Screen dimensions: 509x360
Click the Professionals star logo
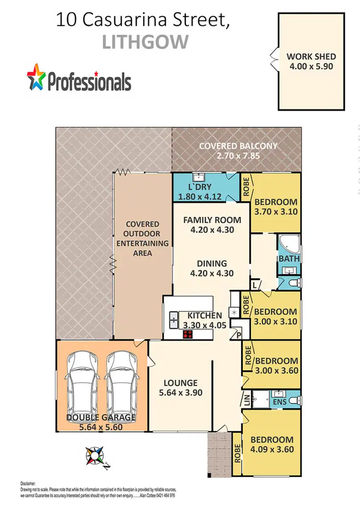36,77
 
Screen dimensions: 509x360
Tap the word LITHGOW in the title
145,42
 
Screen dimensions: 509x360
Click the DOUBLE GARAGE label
101,418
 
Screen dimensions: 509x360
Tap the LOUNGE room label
180,383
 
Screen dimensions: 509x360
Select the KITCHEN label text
204,315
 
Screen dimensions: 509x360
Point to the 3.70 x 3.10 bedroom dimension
275,212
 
